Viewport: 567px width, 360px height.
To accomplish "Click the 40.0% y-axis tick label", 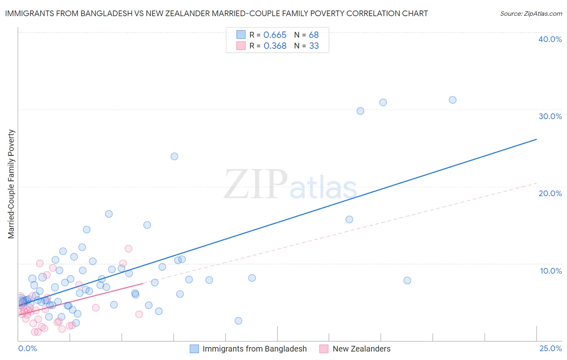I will pos(550,39).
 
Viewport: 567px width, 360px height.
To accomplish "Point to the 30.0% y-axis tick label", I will pos(550,116).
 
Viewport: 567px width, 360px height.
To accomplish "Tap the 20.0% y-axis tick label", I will pos(550,193).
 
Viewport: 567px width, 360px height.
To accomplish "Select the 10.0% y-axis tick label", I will pos(551,271).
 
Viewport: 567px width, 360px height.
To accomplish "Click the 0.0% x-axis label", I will pos(27,348).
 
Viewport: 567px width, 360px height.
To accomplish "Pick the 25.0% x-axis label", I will pos(550,348).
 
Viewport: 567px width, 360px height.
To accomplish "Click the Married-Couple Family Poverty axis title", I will pos(11,184).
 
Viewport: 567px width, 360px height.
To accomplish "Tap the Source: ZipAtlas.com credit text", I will pos(531,13).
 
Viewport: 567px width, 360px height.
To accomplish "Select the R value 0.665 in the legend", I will pos(275,35).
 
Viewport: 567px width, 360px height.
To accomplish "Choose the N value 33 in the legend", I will pos(314,46).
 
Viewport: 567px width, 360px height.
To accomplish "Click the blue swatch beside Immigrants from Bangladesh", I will pos(194,349).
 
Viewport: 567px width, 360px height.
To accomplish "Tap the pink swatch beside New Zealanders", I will pos(324,349).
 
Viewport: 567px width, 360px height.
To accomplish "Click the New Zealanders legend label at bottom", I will pos(361,349).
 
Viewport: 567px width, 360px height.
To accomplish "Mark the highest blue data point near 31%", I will pos(452,100).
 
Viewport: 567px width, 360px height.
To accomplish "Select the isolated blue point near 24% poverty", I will pos(174,156).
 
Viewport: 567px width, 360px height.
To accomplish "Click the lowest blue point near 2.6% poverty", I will pos(238,321).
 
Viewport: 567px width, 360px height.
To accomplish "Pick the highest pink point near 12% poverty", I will pos(129,249).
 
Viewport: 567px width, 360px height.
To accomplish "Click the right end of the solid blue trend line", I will pos(536,139).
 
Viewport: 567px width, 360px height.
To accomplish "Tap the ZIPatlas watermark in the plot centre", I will pos(290,185).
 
